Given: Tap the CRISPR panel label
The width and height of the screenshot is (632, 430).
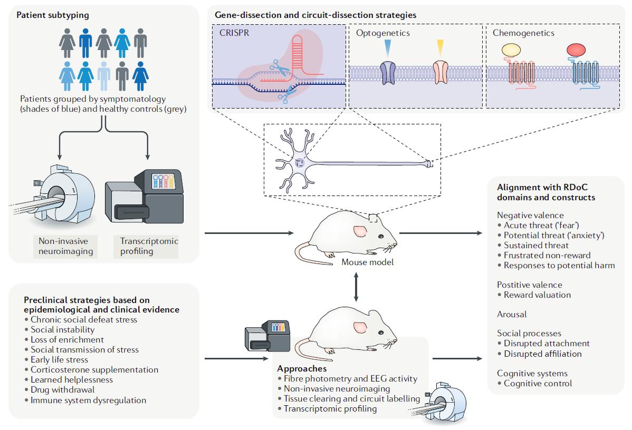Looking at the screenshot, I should point(235,33).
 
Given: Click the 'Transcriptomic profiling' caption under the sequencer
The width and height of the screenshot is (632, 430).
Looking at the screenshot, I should point(145,246).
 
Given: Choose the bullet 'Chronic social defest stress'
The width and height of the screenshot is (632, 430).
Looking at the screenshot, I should point(81,319).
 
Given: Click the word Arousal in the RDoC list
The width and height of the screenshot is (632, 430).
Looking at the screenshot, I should point(512,314).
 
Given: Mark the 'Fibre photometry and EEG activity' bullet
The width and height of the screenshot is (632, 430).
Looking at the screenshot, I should point(347,378).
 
